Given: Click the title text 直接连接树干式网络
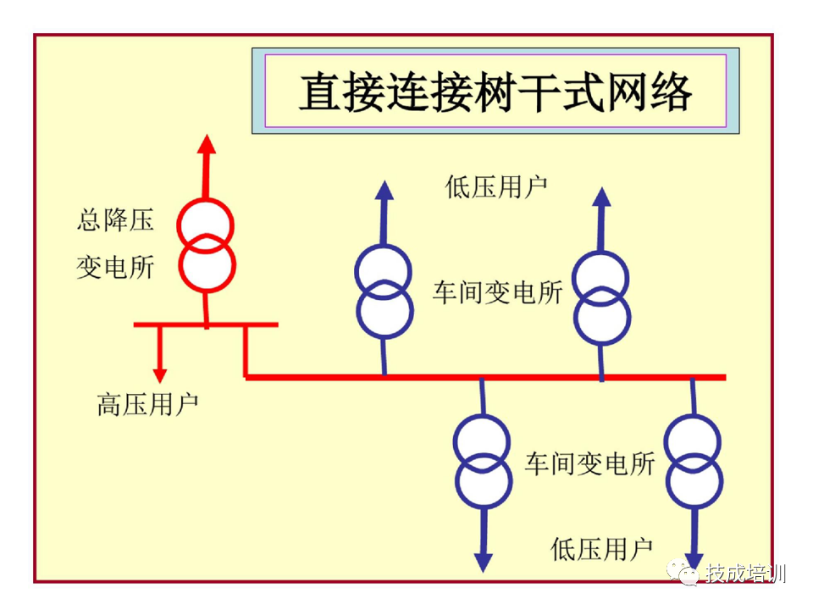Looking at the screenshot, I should point(495,91).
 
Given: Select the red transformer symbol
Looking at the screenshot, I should point(205,244).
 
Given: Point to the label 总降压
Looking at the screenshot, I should point(116,221).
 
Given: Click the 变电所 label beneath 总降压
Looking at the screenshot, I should point(116,268).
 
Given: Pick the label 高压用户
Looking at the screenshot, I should point(148,405).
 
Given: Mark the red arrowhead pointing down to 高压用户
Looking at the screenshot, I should point(158,374).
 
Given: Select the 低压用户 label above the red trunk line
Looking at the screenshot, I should point(497,186).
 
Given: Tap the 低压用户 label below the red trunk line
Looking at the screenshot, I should point(602,548).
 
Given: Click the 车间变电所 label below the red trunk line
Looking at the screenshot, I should point(589,463).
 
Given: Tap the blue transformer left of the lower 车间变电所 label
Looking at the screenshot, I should point(483,462).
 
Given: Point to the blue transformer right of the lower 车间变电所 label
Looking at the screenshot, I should point(694,462).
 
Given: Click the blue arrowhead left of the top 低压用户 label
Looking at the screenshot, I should point(384,190).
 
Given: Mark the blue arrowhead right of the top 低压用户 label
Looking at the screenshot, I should point(601,197).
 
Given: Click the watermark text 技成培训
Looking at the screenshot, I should point(745,574).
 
